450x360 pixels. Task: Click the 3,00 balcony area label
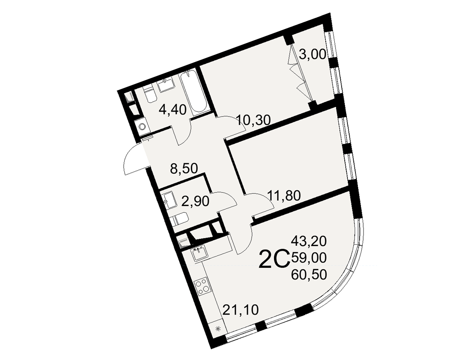point(313,54)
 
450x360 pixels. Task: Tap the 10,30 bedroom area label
point(254,121)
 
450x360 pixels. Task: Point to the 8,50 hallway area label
point(184,169)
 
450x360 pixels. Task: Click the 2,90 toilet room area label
point(195,201)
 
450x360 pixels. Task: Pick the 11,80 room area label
point(284,196)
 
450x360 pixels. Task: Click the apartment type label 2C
point(274,259)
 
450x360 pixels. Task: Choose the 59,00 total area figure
point(309,258)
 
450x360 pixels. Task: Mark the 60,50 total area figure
point(309,275)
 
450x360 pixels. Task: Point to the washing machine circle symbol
point(142,126)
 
